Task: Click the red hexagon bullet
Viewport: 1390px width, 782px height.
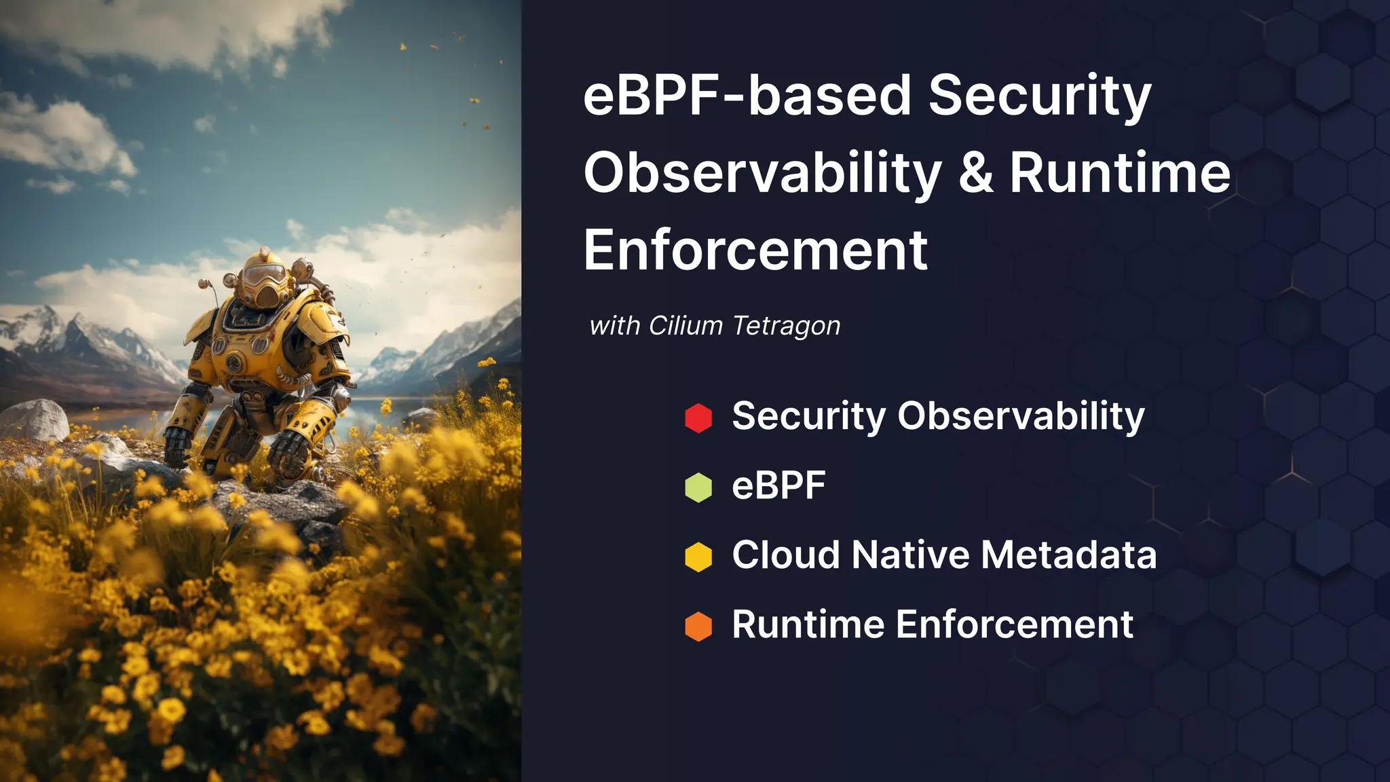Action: click(x=698, y=418)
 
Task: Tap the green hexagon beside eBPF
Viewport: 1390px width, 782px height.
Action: click(x=698, y=487)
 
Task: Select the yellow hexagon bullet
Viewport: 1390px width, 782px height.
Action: click(x=698, y=557)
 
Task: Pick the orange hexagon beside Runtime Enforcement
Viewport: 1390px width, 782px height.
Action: click(x=698, y=627)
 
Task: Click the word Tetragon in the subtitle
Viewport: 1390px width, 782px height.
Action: click(x=787, y=327)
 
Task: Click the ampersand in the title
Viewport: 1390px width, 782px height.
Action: click(x=976, y=172)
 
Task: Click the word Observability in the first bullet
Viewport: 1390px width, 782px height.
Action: click(x=1021, y=416)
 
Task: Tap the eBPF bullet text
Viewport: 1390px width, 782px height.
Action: click(x=778, y=485)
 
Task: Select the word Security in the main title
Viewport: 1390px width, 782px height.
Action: click(x=1040, y=95)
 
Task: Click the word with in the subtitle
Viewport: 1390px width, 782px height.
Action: click(x=614, y=327)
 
